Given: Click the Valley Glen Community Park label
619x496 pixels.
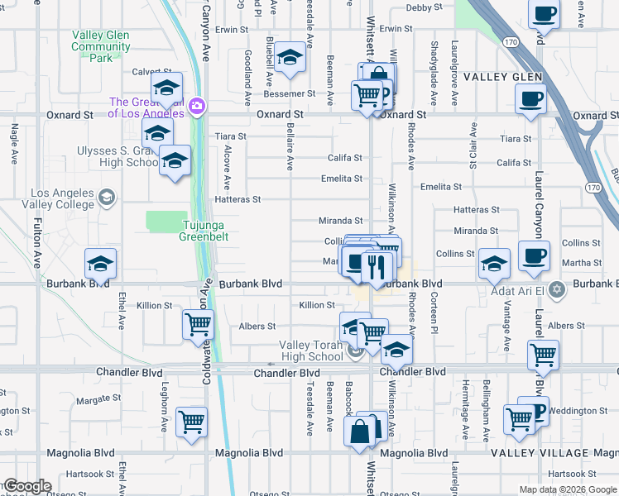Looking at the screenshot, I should point(101,46).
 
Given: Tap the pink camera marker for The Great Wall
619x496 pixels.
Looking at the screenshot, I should point(197,106).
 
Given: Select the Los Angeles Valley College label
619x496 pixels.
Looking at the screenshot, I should point(51,199).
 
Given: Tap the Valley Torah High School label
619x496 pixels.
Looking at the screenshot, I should point(310,351).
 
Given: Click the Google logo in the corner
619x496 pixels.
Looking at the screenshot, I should point(27,486).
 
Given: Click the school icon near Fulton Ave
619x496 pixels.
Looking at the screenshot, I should point(100,264).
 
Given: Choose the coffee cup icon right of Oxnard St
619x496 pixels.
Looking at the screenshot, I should point(530,99).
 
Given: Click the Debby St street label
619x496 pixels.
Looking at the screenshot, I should point(425,8).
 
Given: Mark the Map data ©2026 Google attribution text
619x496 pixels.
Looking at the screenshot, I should point(568,489).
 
